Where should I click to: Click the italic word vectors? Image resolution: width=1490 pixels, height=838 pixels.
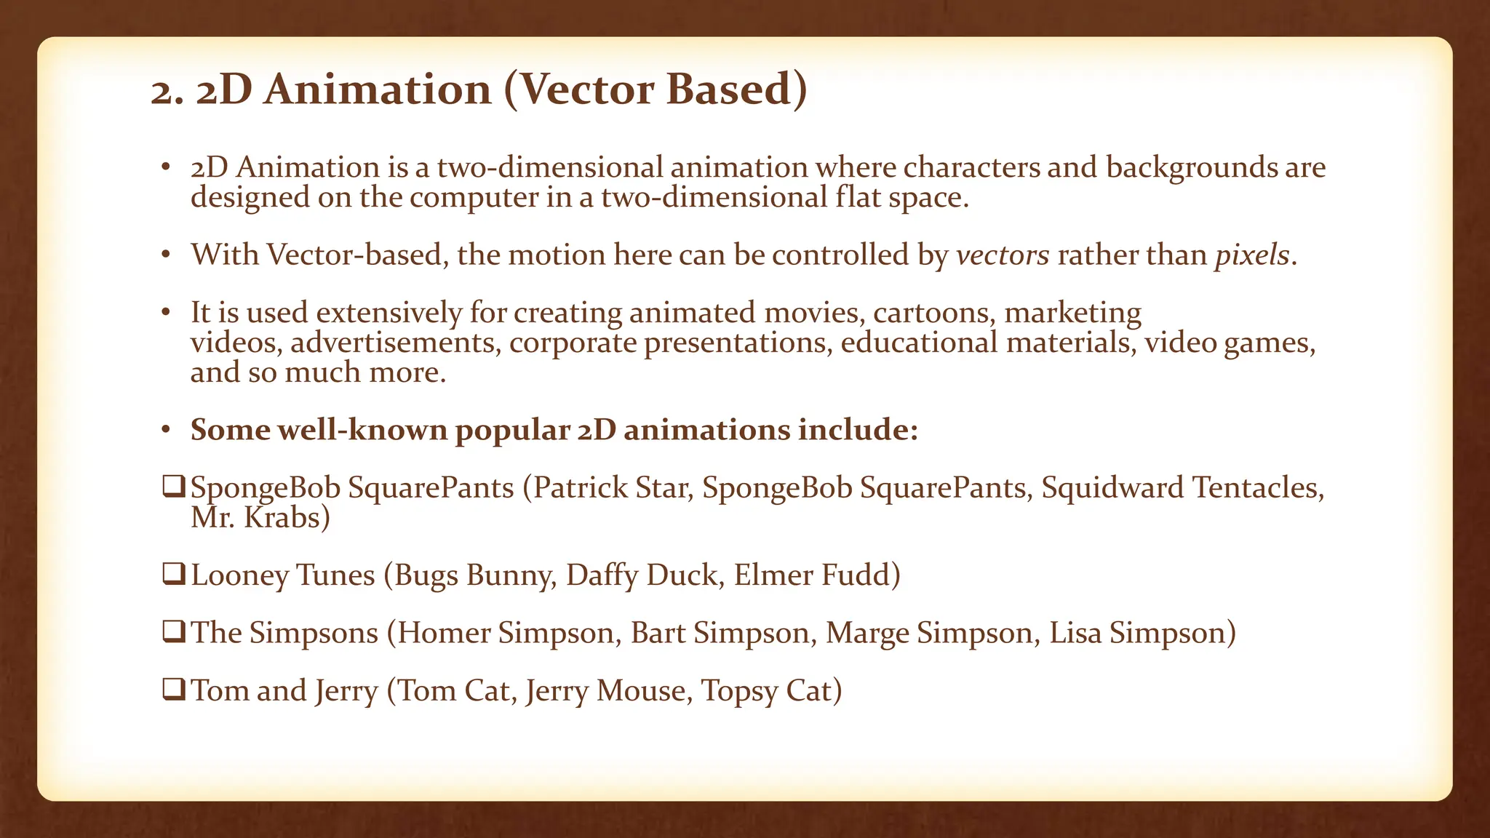1002,255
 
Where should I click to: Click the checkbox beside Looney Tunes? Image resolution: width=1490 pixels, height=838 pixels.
174,574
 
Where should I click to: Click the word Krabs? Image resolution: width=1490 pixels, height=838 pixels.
287,517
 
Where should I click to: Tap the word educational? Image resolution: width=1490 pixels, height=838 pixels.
919,343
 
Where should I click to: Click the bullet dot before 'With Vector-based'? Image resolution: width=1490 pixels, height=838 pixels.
166,255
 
